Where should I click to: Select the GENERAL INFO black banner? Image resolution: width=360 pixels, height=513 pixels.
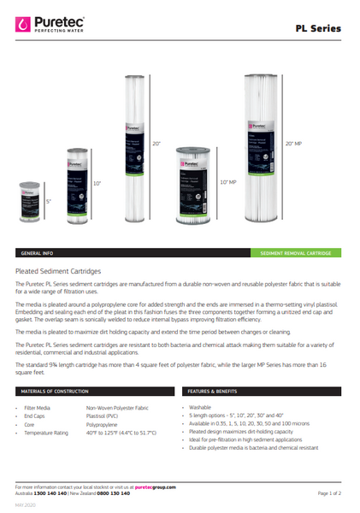tap(38, 254)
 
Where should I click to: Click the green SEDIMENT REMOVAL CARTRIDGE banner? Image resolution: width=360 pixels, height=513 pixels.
tap(301, 254)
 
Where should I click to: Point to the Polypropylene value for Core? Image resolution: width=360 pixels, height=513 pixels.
tap(106, 424)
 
